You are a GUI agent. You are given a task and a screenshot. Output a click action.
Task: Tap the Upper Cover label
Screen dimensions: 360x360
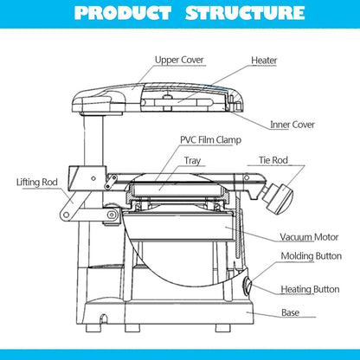pos(180,60)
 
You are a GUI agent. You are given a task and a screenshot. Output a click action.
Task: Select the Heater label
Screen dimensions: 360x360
pos(264,61)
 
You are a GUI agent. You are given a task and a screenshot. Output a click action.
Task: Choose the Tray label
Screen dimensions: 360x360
pos(192,160)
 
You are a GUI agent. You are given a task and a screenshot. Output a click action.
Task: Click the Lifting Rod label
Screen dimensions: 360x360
pos(37,183)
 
